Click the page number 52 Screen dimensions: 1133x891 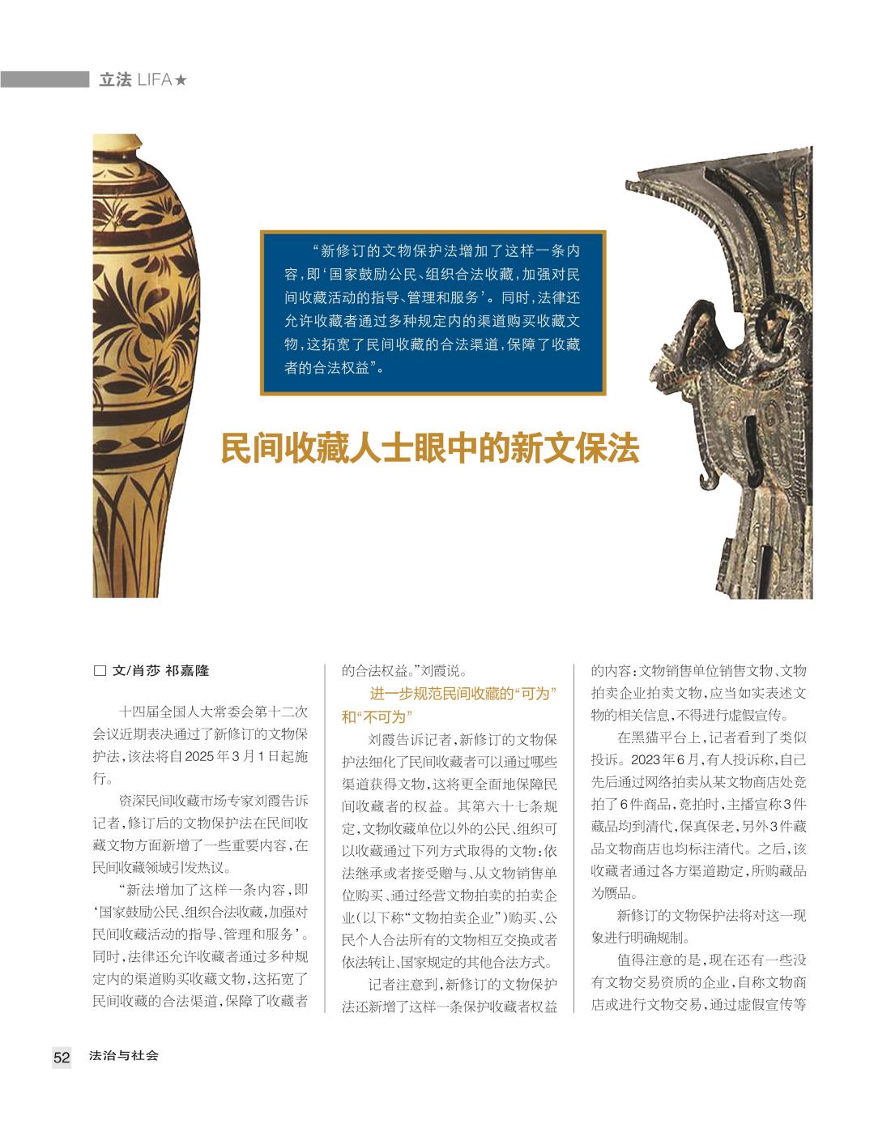click(62, 1057)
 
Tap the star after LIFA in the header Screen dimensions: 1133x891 click(181, 80)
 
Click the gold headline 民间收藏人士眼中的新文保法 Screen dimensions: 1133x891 click(430, 448)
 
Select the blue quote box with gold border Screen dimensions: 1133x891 click(433, 313)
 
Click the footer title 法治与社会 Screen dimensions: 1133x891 click(124, 1056)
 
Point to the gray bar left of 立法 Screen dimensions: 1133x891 click(44, 79)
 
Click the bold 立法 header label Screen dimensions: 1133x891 click(114, 80)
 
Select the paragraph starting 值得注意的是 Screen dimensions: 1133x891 click(698, 982)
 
